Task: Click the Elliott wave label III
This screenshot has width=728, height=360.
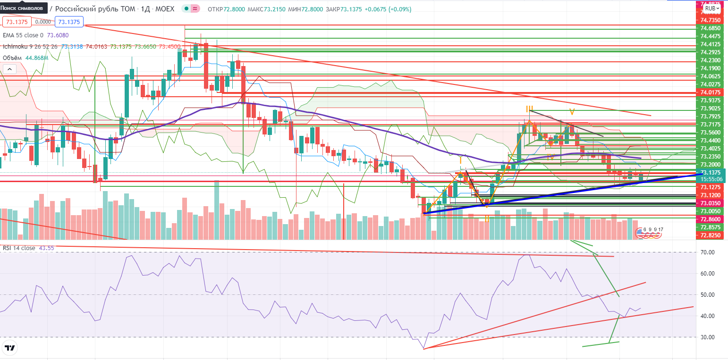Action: tap(530, 109)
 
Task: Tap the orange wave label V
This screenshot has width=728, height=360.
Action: tap(572, 112)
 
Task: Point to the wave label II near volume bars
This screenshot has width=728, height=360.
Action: tap(486, 219)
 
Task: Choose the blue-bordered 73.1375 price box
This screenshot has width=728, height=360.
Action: tap(68, 22)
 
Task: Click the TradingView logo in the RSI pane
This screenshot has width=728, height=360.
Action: tap(10, 349)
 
